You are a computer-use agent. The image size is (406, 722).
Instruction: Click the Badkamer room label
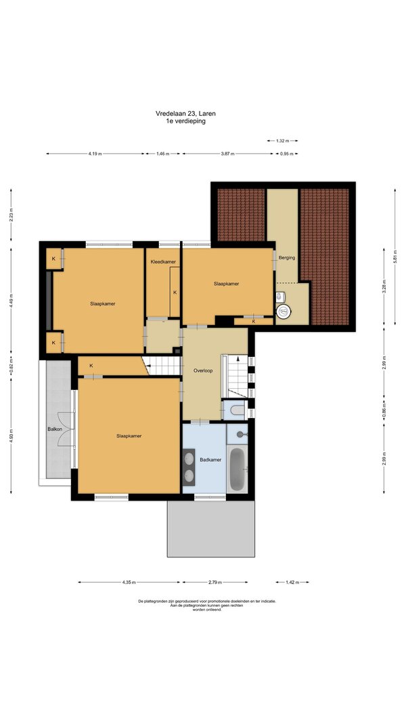210,459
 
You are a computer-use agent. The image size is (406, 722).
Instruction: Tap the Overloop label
203,370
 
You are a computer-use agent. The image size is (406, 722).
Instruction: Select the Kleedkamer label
163,261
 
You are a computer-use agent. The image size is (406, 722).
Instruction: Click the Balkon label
54,429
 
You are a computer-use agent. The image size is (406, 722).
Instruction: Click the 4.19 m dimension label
95,154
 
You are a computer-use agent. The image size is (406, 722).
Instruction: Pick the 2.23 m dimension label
11,215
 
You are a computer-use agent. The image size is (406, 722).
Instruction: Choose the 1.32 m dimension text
282,140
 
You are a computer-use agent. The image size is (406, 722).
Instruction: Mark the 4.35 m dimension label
129,582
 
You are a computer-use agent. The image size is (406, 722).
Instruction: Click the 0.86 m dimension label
384,410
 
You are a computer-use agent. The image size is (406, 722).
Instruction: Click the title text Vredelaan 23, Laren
186,113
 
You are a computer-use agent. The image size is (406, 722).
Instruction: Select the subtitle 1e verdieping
186,121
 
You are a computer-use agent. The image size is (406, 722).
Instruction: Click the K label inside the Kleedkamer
175,293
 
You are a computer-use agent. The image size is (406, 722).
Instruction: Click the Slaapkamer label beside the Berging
226,284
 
